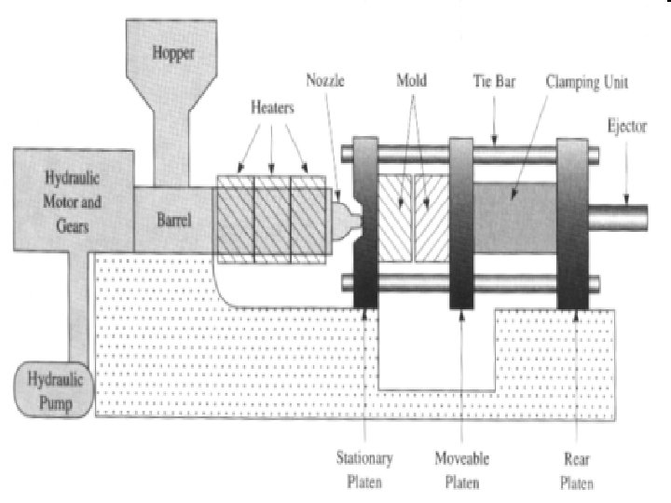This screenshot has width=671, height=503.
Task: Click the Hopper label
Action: click(173, 54)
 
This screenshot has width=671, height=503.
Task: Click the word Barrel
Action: click(174, 221)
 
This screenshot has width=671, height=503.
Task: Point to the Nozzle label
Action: click(325, 81)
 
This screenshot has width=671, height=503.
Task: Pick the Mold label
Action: click(411, 81)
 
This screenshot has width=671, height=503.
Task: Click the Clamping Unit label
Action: click(586, 82)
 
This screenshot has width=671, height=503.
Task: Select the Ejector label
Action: click(626, 124)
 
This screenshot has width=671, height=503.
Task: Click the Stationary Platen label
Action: click(365, 470)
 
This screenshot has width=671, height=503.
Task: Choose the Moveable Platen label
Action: click(463, 470)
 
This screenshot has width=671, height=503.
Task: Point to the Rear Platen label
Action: click(577, 470)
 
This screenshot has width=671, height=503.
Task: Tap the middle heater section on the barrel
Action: click(271, 217)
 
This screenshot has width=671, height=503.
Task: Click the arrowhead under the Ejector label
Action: click(626, 197)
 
